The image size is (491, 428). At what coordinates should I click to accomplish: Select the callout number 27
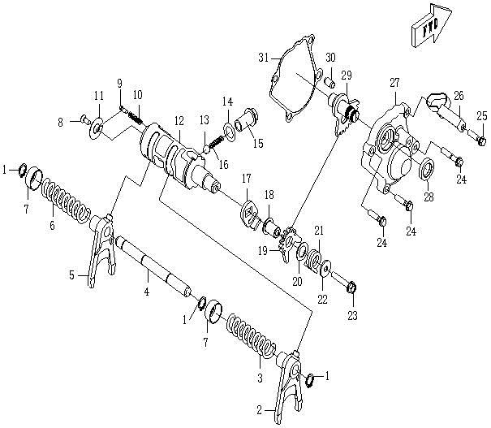395,83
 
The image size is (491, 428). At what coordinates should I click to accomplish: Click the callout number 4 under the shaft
146,291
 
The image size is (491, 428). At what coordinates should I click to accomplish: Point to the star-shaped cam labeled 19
286,244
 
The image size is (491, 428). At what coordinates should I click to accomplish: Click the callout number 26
459,96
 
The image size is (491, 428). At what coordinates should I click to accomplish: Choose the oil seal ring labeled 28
426,171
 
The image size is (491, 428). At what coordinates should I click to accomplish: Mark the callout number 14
228,101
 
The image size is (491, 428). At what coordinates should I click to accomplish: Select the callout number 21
319,231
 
